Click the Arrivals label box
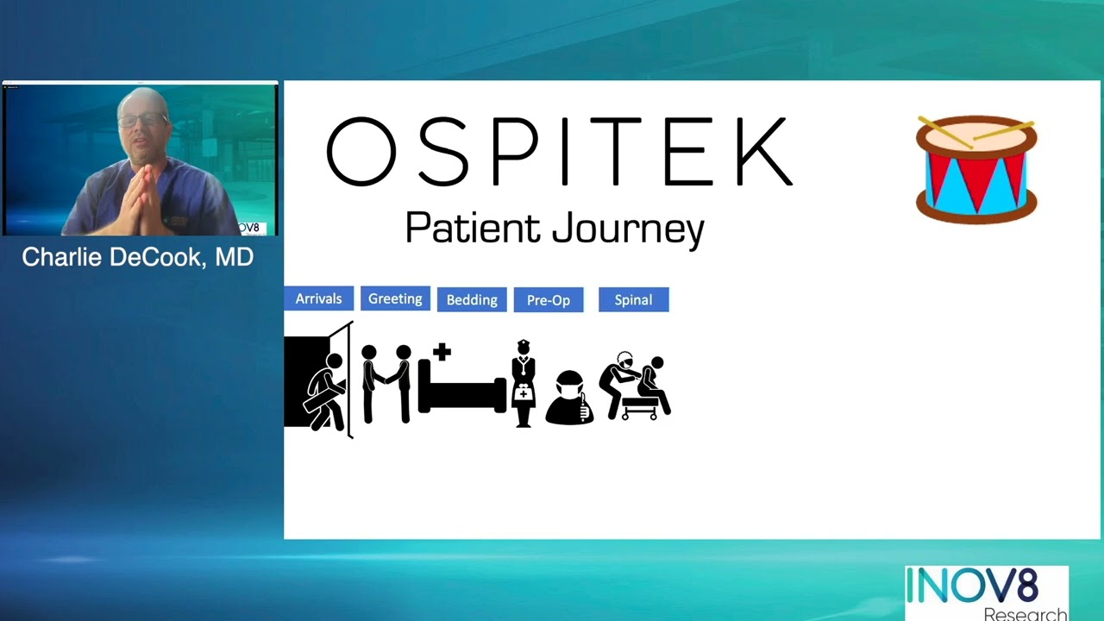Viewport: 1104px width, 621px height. pyautogui.click(x=318, y=298)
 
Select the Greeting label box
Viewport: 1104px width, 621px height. pyautogui.click(x=395, y=298)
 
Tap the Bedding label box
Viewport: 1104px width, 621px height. pyautogui.click(x=472, y=299)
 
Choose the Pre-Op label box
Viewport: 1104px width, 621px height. pyautogui.click(x=549, y=299)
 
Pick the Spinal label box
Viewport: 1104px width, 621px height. pyautogui.click(x=633, y=299)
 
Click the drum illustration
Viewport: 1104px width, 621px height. pyautogui.click(x=976, y=169)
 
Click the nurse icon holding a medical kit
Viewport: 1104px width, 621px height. pyautogui.click(x=523, y=383)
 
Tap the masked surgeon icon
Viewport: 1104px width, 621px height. pyautogui.click(x=569, y=398)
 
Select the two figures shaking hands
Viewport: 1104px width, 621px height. pyautogui.click(x=386, y=383)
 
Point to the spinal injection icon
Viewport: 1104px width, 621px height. pyautogui.click(x=635, y=386)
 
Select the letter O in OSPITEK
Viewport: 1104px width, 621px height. pyautogui.click(x=361, y=153)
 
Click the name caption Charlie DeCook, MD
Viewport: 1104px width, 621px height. pyautogui.click(x=138, y=257)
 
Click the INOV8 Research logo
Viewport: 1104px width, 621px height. pyautogui.click(x=986, y=593)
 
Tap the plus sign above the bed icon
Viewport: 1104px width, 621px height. pyautogui.click(x=442, y=351)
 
